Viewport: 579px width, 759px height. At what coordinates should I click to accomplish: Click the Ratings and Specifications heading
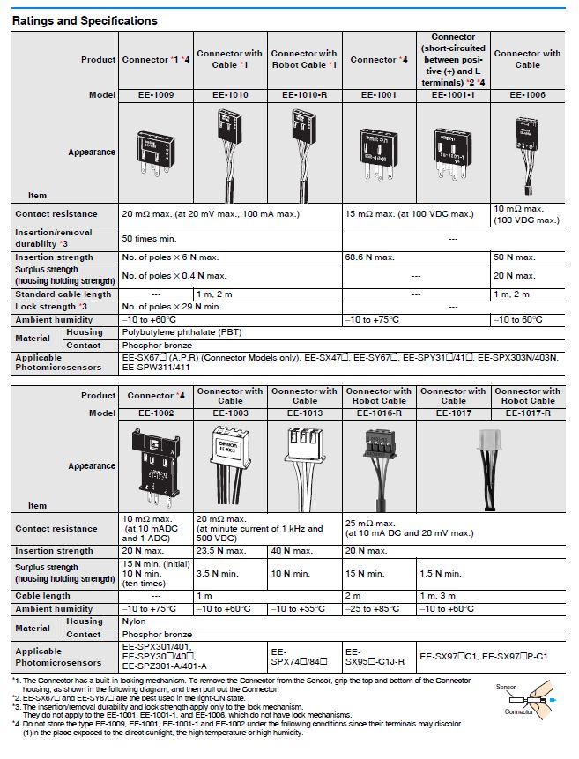[x=85, y=20]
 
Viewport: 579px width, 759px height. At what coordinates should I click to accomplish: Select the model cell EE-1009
[x=155, y=94]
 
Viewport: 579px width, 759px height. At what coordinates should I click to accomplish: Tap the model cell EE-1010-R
[x=304, y=94]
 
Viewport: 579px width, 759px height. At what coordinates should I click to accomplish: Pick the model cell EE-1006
[x=527, y=94]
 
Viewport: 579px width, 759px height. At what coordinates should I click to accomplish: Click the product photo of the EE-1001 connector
[x=379, y=149]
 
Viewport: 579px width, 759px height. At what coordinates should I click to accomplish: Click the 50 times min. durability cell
[x=150, y=238]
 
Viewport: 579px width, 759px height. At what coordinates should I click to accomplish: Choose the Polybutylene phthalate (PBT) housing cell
[x=175, y=332]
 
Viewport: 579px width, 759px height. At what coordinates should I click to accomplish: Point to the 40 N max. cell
[x=292, y=551]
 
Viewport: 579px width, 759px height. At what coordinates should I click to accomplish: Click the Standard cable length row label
[x=63, y=294]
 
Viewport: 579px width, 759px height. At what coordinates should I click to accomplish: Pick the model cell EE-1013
[x=304, y=413]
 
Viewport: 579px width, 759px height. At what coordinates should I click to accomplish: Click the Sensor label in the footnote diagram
[x=506, y=686]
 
